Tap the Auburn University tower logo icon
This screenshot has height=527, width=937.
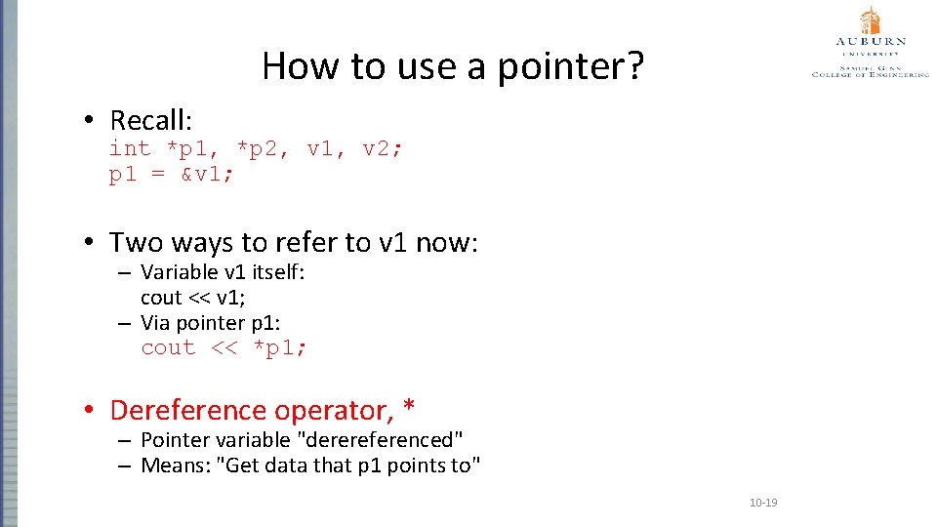(x=870, y=20)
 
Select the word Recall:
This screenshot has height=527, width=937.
(x=151, y=121)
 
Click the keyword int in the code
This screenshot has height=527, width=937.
(x=130, y=148)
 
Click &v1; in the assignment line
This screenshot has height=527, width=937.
(x=207, y=175)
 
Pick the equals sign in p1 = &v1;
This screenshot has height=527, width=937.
(x=158, y=175)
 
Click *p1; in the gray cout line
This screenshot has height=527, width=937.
(x=280, y=348)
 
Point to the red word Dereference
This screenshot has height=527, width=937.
(x=188, y=410)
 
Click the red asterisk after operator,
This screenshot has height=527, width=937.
(x=409, y=408)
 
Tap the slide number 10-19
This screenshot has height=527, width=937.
(x=762, y=503)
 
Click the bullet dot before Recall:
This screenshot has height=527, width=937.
(x=88, y=121)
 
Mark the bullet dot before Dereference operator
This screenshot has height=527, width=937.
(x=88, y=410)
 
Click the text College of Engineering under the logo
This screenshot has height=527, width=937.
(x=870, y=73)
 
